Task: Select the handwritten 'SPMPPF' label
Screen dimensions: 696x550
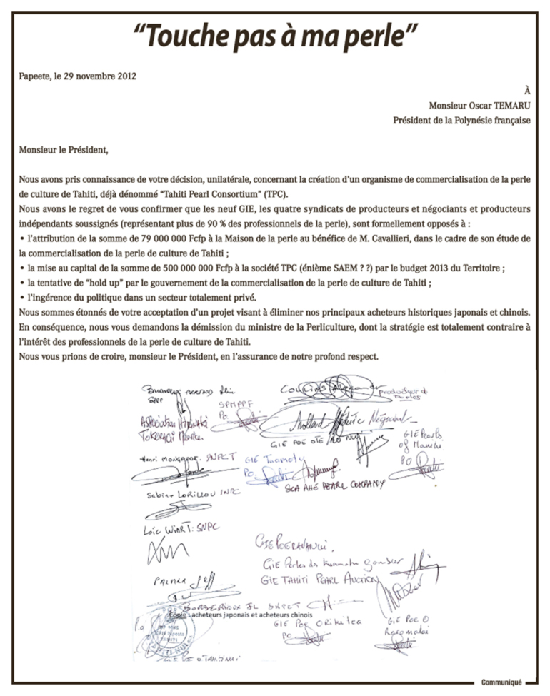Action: click(x=236, y=404)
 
